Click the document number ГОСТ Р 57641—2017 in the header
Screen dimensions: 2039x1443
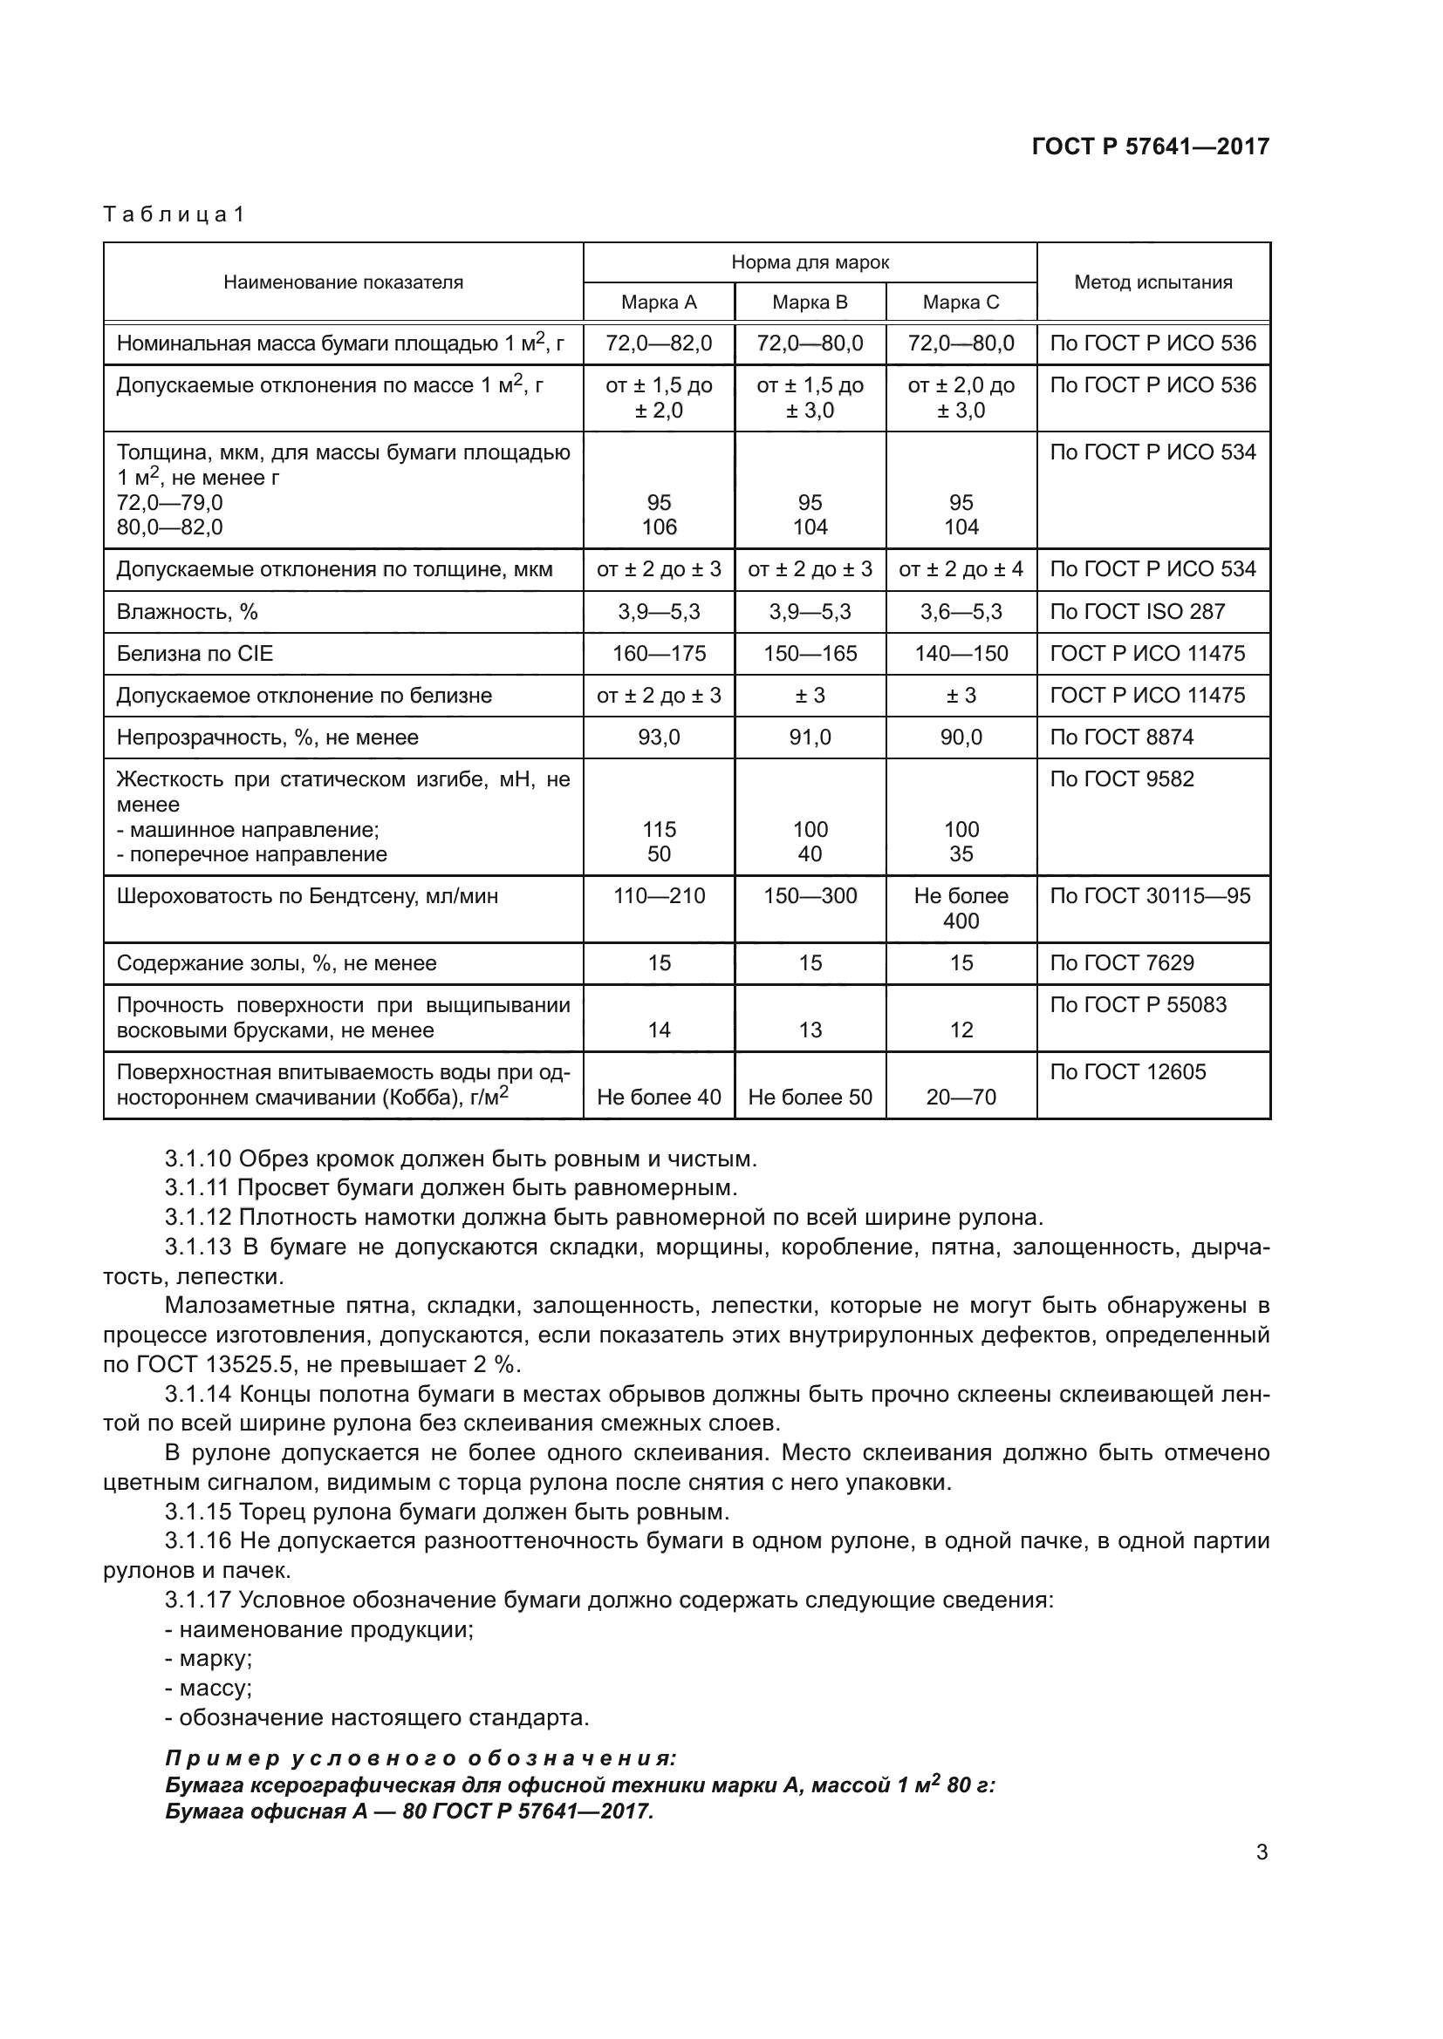click(1150, 146)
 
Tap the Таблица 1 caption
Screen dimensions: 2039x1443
click(174, 215)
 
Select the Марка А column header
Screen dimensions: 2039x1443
click(659, 302)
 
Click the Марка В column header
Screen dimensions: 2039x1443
click(810, 302)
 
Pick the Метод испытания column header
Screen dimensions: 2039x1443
click(1152, 282)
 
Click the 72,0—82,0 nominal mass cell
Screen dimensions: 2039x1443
click(659, 343)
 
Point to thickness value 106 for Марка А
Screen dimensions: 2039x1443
click(659, 527)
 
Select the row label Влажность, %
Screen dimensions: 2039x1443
click(187, 612)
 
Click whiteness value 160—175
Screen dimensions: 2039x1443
click(659, 654)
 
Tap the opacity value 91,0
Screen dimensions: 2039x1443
click(810, 737)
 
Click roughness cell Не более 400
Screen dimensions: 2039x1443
click(961, 908)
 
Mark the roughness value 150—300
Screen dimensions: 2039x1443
click(810, 896)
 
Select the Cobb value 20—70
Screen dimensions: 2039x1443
click(961, 1098)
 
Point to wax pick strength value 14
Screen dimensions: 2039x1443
click(659, 1030)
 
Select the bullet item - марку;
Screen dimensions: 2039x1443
click(209, 1659)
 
